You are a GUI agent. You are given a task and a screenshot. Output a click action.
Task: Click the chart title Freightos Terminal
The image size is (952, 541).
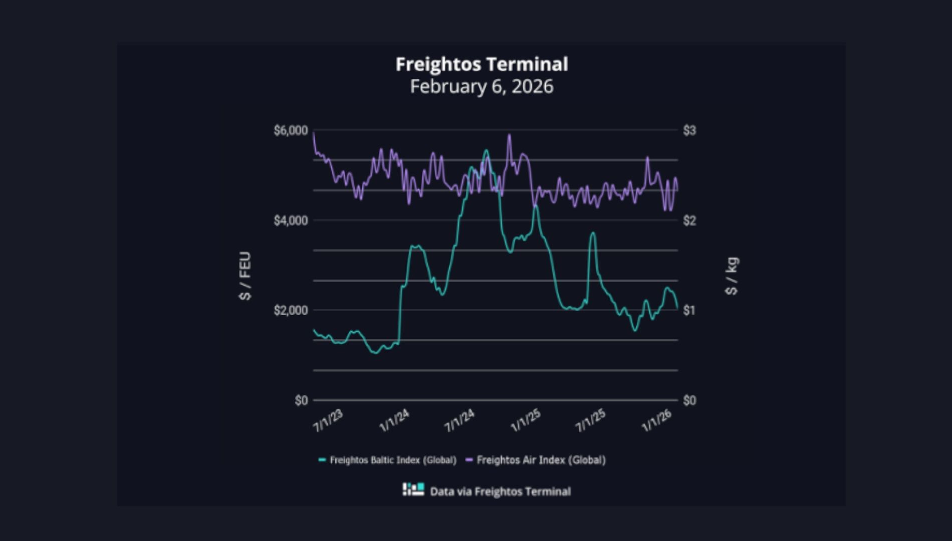[482, 64]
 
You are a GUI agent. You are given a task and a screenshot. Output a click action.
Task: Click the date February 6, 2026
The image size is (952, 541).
[482, 86]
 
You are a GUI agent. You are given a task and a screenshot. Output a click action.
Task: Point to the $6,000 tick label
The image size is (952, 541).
[291, 131]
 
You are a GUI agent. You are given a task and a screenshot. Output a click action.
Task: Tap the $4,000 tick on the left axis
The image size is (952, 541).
[291, 220]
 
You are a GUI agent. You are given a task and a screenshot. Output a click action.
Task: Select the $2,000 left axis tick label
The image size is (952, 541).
[291, 311]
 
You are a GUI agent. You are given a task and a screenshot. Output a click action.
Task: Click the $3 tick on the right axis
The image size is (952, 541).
[689, 131]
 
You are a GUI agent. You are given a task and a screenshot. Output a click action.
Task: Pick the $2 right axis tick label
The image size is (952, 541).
[689, 220]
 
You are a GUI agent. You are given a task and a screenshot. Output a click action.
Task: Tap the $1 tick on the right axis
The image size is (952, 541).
[689, 311]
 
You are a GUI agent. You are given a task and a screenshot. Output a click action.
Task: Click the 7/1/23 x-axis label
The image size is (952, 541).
[328, 421]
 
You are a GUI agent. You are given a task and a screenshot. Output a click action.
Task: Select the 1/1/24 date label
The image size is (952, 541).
[394, 421]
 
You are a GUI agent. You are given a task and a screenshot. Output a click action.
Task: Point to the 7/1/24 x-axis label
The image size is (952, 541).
[459, 421]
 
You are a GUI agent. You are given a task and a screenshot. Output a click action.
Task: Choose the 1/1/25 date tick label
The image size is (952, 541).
[526, 421]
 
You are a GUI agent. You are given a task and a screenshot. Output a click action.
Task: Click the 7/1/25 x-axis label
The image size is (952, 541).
[591, 421]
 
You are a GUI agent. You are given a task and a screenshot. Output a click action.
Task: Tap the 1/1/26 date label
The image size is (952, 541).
[657, 421]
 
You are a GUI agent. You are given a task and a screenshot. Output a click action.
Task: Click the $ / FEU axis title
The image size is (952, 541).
[245, 276]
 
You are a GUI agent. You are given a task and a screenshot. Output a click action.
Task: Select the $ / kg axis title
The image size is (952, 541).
[732, 276]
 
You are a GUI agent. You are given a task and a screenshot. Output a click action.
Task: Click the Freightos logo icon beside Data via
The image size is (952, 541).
[413, 489]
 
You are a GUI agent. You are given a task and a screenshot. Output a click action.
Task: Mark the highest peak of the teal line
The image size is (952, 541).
[486, 150]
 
